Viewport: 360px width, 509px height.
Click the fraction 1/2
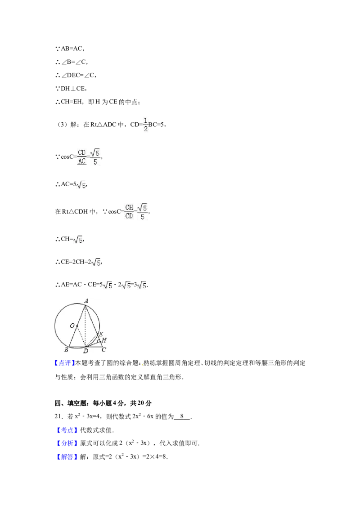click(145, 124)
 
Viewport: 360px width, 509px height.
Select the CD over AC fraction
click(81, 156)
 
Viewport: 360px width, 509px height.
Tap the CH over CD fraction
click(130, 212)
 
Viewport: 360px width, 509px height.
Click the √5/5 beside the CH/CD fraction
click(143, 212)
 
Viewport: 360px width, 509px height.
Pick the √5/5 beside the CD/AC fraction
click(94, 156)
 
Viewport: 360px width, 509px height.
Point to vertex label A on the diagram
click(86, 300)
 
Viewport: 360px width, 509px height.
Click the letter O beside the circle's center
click(72, 325)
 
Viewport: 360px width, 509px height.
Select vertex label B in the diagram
click(66, 349)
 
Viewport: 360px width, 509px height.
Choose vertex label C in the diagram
click(103, 349)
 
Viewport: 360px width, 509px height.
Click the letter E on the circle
click(101, 334)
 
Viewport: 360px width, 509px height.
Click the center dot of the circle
click(77, 326)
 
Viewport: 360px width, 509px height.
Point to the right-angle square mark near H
click(99, 341)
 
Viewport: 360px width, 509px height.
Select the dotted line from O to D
click(81, 336)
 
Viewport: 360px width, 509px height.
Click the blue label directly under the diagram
click(64, 363)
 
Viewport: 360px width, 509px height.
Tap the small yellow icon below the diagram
click(142, 365)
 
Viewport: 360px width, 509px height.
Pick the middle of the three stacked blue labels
click(67, 444)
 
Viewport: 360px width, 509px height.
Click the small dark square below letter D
click(85, 355)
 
